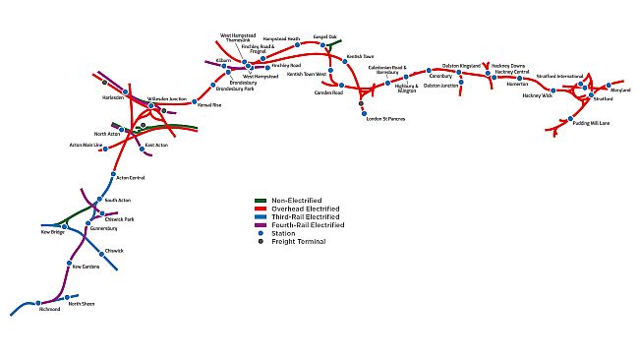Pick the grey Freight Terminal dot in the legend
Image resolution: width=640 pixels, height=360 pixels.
(x=261, y=242)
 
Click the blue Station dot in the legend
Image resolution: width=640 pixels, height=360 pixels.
(x=261, y=234)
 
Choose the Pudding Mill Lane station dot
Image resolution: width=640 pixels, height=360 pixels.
(x=571, y=120)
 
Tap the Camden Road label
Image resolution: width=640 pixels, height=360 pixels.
(x=327, y=92)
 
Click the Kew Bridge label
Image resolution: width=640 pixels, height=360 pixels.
(x=52, y=233)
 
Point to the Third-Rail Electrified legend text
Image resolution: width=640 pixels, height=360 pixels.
(x=308, y=217)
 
